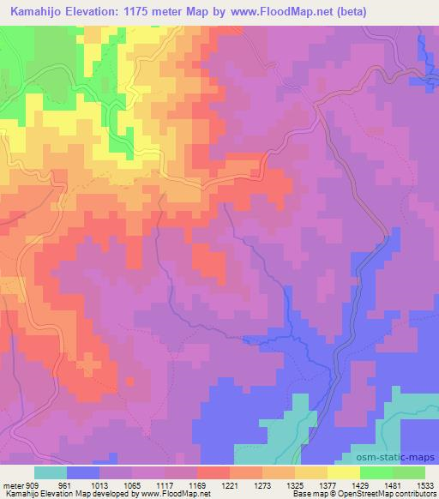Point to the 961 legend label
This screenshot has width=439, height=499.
[x=65, y=484]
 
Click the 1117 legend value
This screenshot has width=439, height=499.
[x=165, y=484]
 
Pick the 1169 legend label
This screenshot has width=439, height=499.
[x=198, y=484]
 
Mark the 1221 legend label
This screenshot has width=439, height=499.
[x=231, y=484]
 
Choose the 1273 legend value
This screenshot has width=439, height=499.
[x=263, y=484]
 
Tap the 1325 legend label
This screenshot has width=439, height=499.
[x=296, y=484]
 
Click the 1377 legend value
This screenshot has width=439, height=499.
[x=328, y=484]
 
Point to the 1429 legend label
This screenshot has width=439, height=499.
[x=361, y=484]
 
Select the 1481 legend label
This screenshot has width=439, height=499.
[x=394, y=484]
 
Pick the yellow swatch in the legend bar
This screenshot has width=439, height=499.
[x=344, y=472]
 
